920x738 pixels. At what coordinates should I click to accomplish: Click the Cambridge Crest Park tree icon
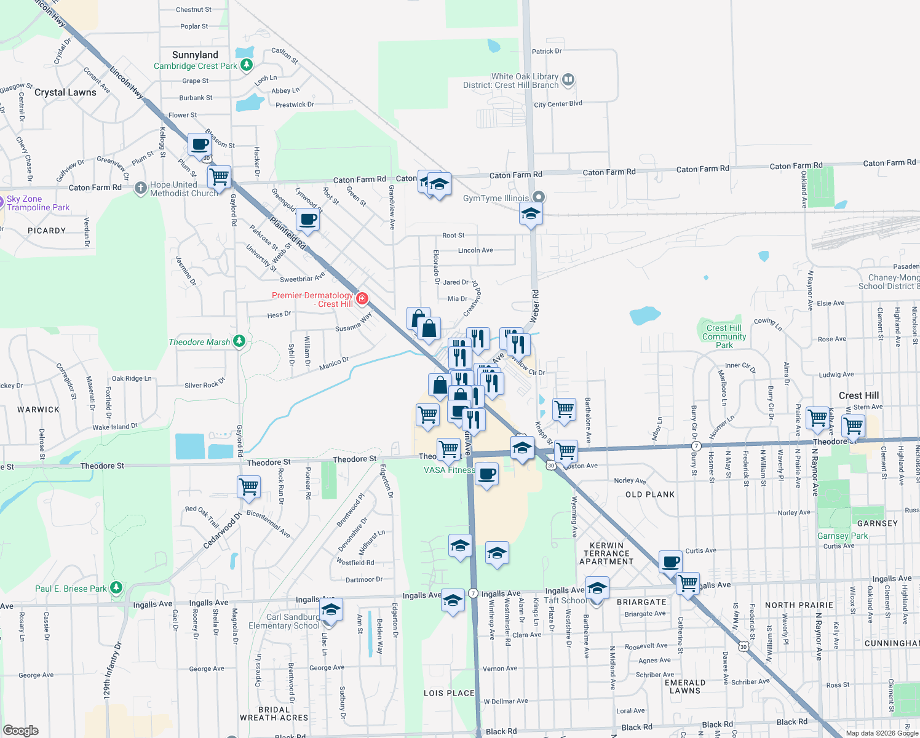click(246, 65)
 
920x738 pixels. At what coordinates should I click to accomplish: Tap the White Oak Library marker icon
click(568, 79)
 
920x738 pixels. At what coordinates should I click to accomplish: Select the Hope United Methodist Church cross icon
click(141, 187)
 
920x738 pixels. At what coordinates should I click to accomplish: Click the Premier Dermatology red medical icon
click(362, 298)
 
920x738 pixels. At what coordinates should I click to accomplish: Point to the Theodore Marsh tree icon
click(239, 341)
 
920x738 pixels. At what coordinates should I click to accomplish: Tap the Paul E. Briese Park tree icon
click(116, 587)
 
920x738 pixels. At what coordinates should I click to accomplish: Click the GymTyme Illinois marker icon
click(539, 197)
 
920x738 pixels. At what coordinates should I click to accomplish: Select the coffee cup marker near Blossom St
click(199, 145)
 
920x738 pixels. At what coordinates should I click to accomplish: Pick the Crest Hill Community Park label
click(724, 336)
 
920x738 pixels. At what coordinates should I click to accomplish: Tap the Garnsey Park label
click(842, 536)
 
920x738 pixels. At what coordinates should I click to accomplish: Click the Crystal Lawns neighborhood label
click(65, 92)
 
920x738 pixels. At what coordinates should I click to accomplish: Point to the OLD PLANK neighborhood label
click(650, 494)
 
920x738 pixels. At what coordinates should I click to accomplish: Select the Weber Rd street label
click(535, 306)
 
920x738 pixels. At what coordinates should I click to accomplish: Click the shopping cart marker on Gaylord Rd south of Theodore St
click(249, 487)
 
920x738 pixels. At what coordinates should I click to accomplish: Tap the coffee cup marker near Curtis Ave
click(671, 561)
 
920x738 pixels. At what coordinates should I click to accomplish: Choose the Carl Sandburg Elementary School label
click(284, 621)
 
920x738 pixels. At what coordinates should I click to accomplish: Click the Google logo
click(21, 730)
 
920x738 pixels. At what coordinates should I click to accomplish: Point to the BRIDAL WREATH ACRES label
click(274, 713)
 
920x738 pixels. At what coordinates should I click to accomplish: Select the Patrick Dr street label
click(546, 52)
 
